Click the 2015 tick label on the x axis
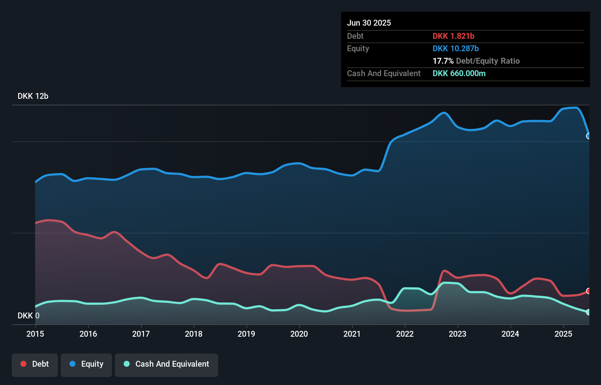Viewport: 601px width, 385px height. (x=35, y=334)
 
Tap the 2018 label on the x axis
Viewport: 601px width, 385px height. (x=194, y=334)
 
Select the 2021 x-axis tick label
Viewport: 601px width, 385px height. (x=352, y=334)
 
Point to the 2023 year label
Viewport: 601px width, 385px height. (x=458, y=334)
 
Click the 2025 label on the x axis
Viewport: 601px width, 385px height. (x=563, y=334)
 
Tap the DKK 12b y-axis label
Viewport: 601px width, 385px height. (x=33, y=96)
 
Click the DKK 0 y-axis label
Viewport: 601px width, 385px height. (x=29, y=315)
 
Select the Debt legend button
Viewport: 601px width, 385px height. (x=35, y=364)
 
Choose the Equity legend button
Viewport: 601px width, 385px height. (x=86, y=364)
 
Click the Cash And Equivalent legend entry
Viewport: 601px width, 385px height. (x=167, y=364)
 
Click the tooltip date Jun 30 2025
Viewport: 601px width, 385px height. (x=369, y=23)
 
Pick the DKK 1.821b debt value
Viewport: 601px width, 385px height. (x=453, y=36)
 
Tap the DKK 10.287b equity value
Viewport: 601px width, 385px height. (x=455, y=48)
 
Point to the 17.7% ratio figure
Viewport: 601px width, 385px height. (x=443, y=61)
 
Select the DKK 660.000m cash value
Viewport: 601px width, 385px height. (x=459, y=73)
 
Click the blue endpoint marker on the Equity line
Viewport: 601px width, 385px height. (x=589, y=136)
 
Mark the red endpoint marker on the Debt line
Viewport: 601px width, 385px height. (x=589, y=291)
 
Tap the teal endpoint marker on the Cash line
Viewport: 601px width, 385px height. (x=589, y=312)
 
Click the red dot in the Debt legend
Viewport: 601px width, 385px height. (x=23, y=364)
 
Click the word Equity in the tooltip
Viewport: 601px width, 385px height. (x=358, y=48)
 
